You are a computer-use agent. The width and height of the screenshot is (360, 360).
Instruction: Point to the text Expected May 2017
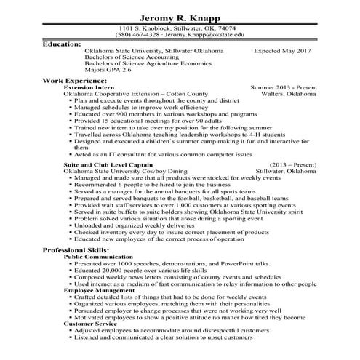pyautogui.click(x=282, y=52)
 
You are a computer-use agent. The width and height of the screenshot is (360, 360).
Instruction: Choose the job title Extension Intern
pyautogui.click(x=88, y=87)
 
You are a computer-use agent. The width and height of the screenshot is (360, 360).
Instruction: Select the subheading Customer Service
pyautogui.click(x=89, y=322)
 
